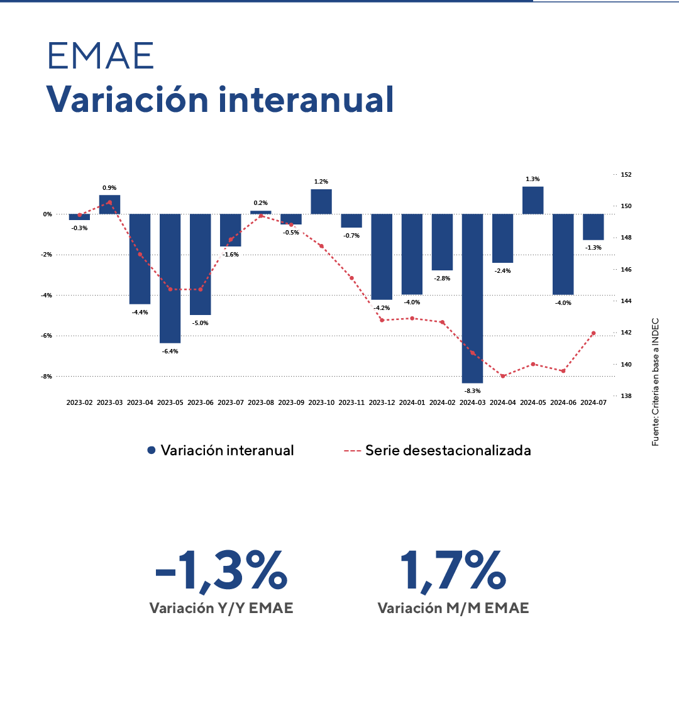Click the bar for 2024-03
tap(472, 298)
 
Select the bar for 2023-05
tap(170, 279)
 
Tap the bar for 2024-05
tap(533, 200)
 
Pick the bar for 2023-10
tap(321, 202)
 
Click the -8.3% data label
tap(472, 391)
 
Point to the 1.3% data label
tap(533, 179)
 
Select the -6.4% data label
tap(170, 351)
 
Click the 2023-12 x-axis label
tap(382, 402)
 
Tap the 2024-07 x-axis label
tap(593, 402)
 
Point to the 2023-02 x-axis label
tap(80, 402)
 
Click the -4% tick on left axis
tap(48, 295)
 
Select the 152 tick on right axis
tap(626, 174)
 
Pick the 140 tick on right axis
tap(626, 364)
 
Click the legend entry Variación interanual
tap(220, 450)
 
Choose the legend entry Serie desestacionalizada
tap(438, 450)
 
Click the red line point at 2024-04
tap(502, 376)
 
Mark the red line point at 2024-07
tap(593, 333)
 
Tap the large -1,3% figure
tap(221, 571)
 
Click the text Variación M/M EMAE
tap(453, 609)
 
